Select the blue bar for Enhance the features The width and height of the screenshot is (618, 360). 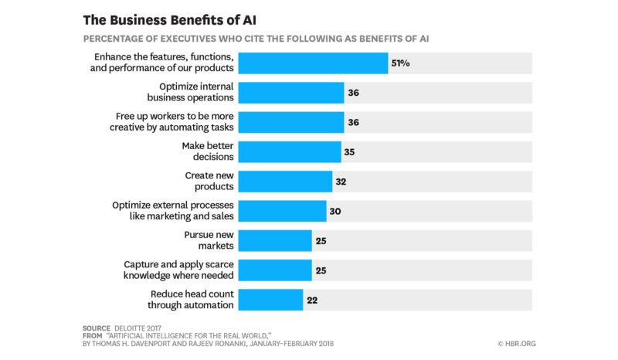(x=313, y=63)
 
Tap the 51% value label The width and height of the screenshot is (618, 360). (x=400, y=63)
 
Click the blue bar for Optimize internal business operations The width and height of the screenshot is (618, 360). (x=290, y=93)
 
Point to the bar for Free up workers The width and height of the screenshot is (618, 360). (x=290, y=122)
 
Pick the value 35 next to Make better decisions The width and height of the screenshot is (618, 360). (x=349, y=151)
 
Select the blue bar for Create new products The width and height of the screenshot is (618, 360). (x=285, y=181)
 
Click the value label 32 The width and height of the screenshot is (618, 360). (x=341, y=181)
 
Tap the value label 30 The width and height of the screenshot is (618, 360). (x=335, y=211)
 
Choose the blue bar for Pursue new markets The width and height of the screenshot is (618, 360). (x=275, y=240)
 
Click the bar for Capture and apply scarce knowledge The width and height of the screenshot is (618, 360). (x=275, y=270)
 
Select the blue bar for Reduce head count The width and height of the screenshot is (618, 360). (x=270, y=299)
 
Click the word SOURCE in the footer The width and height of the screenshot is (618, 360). (x=97, y=328)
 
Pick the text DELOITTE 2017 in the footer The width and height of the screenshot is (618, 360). (x=142, y=328)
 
